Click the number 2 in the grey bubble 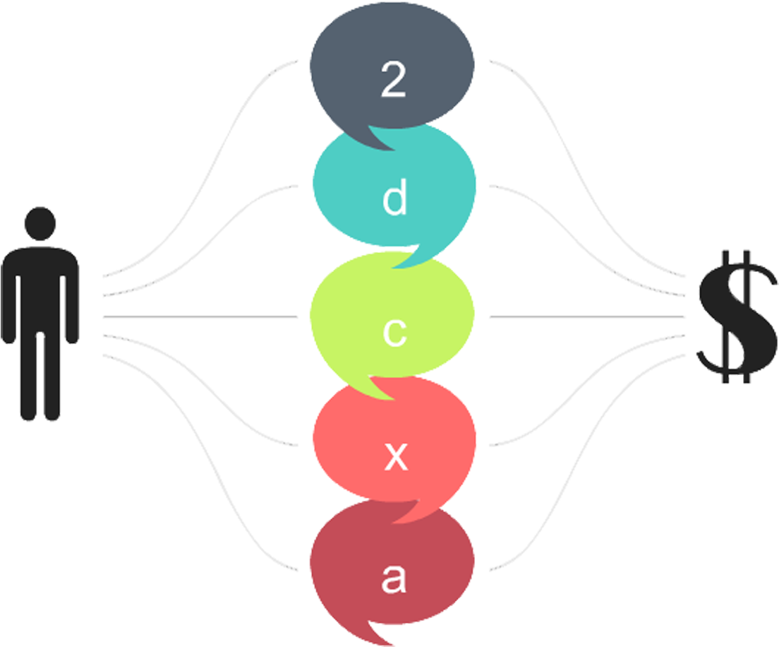pos(393,81)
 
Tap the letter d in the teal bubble pos(394,200)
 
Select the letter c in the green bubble pos(394,333)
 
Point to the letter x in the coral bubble pos(395,458)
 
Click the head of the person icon pos(40,223)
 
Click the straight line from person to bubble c pos(201,317)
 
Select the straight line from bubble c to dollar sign pos(586,317)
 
